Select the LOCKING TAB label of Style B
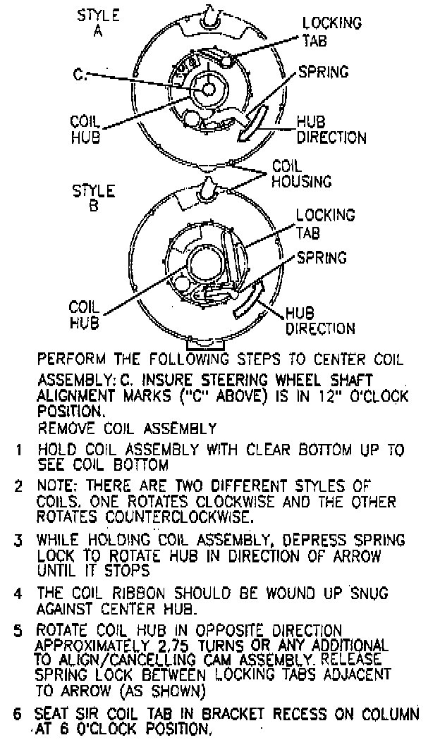coord(324,223)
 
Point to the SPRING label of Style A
coord(323,72)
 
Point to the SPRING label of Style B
coord(322,258)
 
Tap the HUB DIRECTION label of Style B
coord(319,321)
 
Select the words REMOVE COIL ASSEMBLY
coord(127,427)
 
